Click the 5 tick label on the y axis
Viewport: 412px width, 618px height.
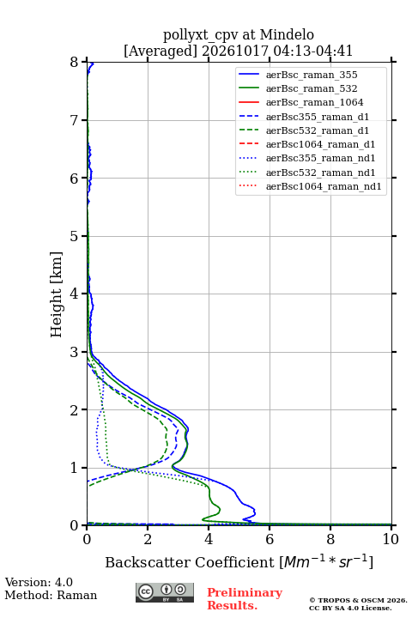[x=75, y=236]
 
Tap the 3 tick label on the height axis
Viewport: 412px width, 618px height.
[x=75, y=352]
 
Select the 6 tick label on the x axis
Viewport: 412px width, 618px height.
[x=270, y=539]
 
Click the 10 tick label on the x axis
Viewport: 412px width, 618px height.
[x=391, y=539]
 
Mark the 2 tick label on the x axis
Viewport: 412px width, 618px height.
[x=148, y=539]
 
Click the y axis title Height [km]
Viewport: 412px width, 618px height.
[x=57, y=294]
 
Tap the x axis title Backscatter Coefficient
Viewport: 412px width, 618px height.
[x=190, y=562]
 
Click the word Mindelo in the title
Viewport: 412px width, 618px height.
[x=287, y=34]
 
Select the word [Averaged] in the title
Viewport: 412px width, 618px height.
[x=161, y=51]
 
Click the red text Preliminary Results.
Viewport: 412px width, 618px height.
[x=245, y=599]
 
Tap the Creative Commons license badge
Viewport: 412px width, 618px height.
[x=165, y=592]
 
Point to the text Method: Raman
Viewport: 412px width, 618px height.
[x=51, y=595]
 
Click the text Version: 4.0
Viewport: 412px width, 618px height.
[x=39, y=582]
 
